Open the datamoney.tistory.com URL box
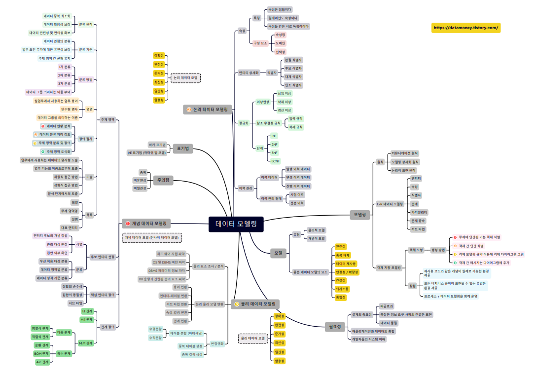pyautogui.click(x=465, y=28)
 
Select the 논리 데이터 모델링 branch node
pyautogui.click(x=208, y=110)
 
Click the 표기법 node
pyautogui.click(x=183, y=149)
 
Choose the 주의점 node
pyautogui.click(x=164, y=180)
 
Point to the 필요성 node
pyautogui.click(x=335, y=326)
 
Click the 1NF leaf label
pyautogui.click(x=274, y=135)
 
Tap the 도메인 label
pyautogui.click(x=280, y=43)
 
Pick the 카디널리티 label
pyautogui.click(x=419, y=212)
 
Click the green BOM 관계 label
pyautogui.click(x=41, y=353)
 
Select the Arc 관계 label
pyautogui.click(x=42, y=362)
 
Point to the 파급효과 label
pyautogui.click(x=387, y=306)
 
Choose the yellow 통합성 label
pyautogui.click(x=341, y=297)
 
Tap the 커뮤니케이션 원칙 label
pyautogui.click(x=404, y=153)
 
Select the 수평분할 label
pyautogui.click(x=155, y=329)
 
